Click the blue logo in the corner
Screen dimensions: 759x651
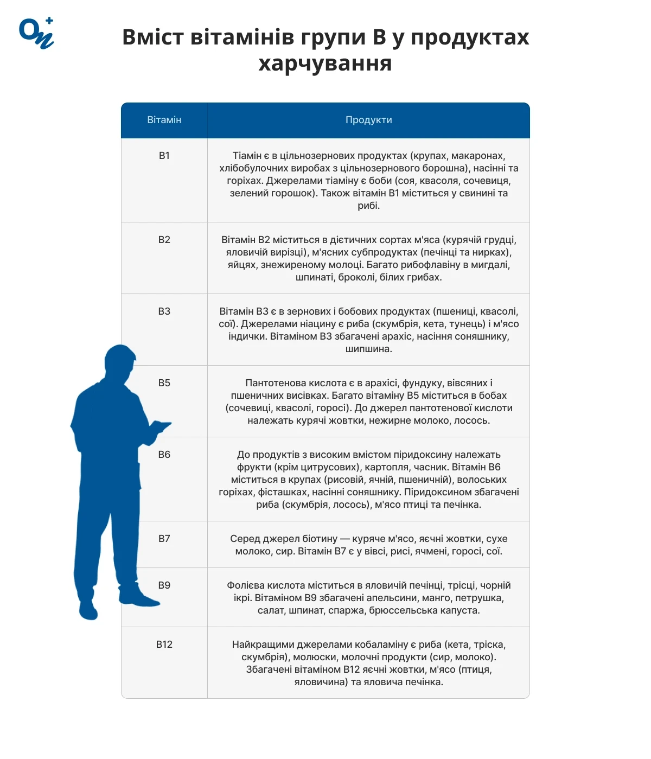pyautogui.click(x=36, y=33)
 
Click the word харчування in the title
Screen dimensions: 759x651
pyautogui.click(x=325, y=63)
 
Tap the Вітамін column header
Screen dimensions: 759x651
pyautogui.click(x=164, y=120)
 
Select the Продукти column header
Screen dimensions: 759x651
pyautogui.click(x=368, y=120)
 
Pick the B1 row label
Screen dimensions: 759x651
pyautogui.click(x=164, y=156)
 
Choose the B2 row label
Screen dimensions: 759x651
pyautogui.click(x=164, y=240)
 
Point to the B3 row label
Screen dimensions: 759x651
pyautogui.click(x=164, y=311)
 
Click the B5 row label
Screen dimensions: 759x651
pyautogui.click(x=164, y=383)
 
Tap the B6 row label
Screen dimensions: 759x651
pyautogui.click(x=164, y=455)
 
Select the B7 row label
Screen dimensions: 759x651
pyautogui.click(x=164, y=539)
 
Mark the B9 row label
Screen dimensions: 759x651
pyautogui.click(x=164, y=585)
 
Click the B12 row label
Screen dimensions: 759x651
pyautogui.click(x=164, y=645)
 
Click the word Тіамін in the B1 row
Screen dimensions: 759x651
pyautogui.click(x=247, y=156)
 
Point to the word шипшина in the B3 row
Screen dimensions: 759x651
pyautogui.click(x=368, y=349)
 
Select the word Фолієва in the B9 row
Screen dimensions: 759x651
pyautogui.click(x=245, y=585)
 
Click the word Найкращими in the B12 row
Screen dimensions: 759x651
pyautogui.click(x=258, y=645)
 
